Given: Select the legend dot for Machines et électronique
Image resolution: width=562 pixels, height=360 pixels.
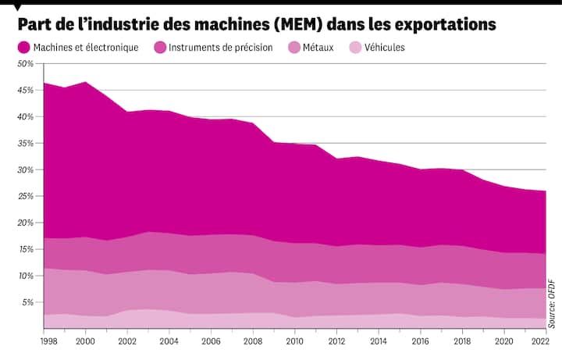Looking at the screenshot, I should [24, 48].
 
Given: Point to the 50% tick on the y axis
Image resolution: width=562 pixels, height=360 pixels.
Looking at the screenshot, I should [25, 63].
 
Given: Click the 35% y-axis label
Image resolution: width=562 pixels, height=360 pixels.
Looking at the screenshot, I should [25, 143].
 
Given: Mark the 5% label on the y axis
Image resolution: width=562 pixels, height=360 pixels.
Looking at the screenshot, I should [27, 302].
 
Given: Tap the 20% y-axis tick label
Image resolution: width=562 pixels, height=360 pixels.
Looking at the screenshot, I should [25, 223].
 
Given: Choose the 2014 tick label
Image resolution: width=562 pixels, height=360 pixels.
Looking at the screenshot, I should [378, 341].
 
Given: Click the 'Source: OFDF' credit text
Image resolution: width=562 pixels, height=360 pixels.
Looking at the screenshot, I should [551, 303].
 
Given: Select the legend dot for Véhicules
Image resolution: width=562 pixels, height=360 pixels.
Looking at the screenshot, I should [355, 48].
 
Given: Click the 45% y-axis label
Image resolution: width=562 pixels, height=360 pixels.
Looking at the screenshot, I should [25, 90].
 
